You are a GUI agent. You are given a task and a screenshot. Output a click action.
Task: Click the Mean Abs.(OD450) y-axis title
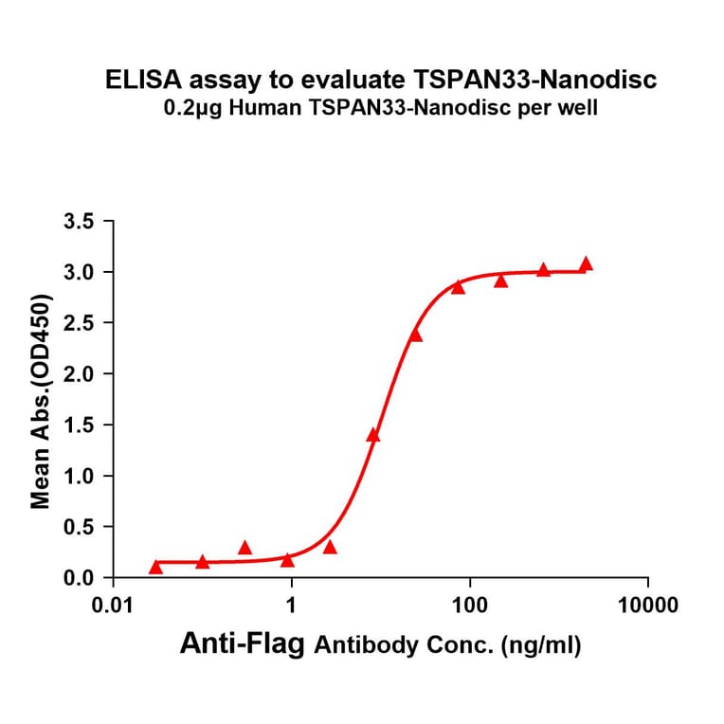click(41, 401)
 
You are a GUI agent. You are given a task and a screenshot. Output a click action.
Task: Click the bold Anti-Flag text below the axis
click(243, 645)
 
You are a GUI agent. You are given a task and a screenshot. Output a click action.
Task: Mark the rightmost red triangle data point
click(586, 264)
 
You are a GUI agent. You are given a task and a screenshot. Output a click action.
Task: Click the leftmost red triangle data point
click(156, 568)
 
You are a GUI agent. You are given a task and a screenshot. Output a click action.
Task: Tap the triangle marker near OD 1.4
click(373, 436)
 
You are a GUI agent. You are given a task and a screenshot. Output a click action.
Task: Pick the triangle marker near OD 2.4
click(415, 335)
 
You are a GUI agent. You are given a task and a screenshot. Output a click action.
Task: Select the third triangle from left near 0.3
click(244, 549)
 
